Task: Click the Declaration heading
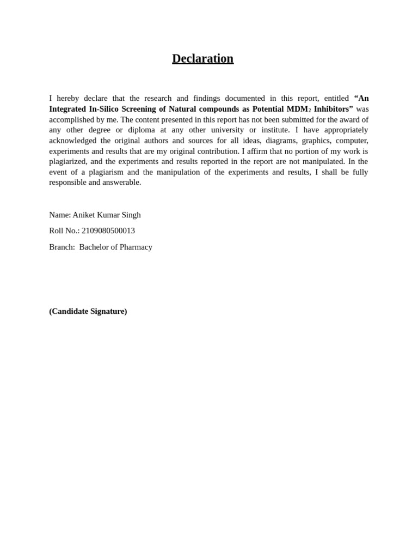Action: (202, 59)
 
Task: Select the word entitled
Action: (336, 99)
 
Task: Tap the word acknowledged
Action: (72, 141)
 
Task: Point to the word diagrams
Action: (281, 141)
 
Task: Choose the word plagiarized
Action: (67, 161)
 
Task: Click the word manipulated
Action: (321, 161)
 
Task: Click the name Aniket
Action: (83, 215)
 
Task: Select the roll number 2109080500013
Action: (108, 231)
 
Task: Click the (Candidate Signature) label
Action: (88, 311)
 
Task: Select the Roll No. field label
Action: (64, 231)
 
